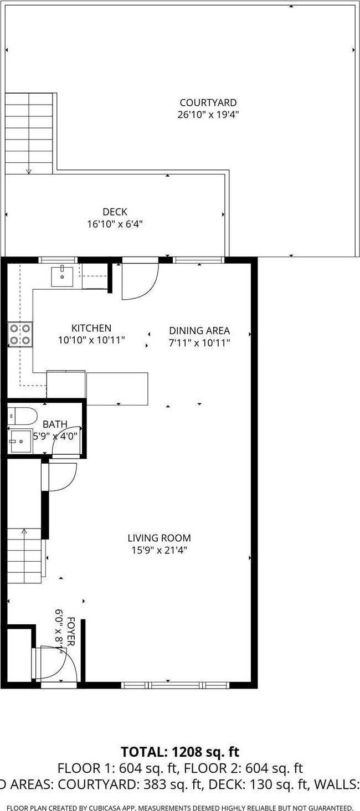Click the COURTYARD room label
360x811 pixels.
208,103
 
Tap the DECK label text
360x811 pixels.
115,212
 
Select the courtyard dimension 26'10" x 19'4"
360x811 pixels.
208,115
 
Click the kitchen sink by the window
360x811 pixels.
62,276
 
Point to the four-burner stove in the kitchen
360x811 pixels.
20,334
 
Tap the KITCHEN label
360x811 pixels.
91,328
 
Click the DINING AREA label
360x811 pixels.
199,331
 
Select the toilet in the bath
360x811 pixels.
22,415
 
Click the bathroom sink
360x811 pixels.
20,442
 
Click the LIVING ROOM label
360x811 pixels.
159,538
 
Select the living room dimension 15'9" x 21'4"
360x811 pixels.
159,551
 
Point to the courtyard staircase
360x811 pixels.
29,133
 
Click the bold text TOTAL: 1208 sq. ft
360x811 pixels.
180,752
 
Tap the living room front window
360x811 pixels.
175,685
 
